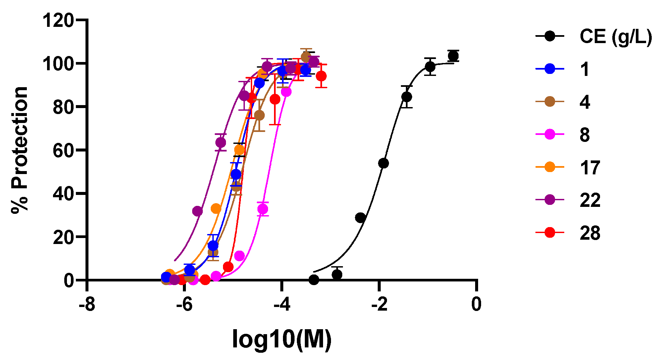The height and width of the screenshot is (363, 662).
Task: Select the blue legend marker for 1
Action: click(x=550, y=69)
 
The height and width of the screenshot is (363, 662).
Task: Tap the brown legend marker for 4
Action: click(x=550, y=102)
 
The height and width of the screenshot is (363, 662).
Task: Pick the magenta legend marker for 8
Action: click(x=550, y=135)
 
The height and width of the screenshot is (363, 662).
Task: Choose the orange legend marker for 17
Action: click(x=550, y=167)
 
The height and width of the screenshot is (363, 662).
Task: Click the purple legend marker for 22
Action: click(x=550, y=200)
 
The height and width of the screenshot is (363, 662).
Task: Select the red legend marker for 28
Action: click(x=550, y=233)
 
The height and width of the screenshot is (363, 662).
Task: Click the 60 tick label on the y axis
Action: click(x=63, y=150)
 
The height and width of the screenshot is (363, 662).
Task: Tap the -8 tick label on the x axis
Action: click(x=87, y=304)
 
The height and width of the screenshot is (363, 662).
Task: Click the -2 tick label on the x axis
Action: click(x=379, y=304)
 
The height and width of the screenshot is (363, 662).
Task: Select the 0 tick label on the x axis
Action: click(x=476, y=304)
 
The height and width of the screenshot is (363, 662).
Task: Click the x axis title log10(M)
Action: click(x=282, y=339)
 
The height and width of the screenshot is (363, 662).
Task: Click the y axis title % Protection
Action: click(x=20, y=150)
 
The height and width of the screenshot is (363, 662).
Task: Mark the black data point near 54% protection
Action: click(x=383, y=163)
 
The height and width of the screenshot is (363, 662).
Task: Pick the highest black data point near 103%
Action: click(x=453, y=56)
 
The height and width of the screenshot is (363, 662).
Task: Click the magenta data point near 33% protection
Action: click(x=263, y=209)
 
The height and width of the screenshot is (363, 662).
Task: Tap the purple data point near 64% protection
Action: click(x=221, y=143)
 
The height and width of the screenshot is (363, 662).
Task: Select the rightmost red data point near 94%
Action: click(x=321, y=76)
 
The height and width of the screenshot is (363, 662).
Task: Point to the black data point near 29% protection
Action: click(x=360, y=218)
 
